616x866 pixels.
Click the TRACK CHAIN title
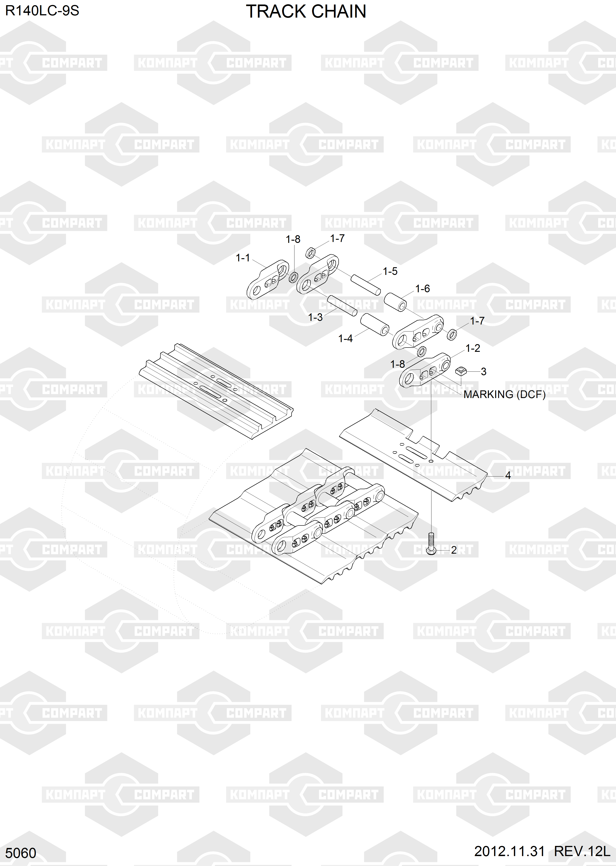point(306,12)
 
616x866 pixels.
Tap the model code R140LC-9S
point(42,11)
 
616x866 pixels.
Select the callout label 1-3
point(315,317)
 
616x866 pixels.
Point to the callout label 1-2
point(473,348)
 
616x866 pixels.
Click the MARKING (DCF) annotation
point(504,394)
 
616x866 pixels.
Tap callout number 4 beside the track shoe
point(508,475)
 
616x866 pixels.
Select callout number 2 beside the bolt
point(454,550)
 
